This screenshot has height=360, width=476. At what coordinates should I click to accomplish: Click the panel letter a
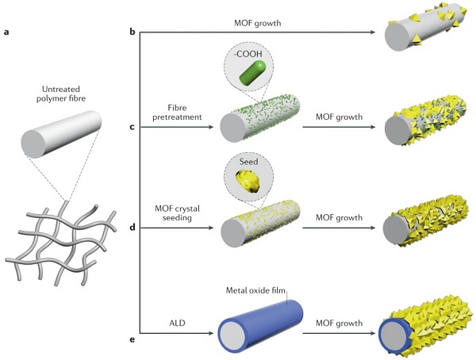[x=6, y=32]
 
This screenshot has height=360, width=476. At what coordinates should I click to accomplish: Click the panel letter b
[x=132, y=32]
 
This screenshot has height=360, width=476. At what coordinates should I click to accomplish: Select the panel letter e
[x=132, y=339]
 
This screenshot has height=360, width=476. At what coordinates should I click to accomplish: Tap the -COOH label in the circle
[x=248, y=55]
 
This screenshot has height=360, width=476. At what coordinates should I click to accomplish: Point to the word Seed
[x=248, y=162]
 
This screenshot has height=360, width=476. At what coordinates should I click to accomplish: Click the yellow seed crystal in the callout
[x=248, y=182]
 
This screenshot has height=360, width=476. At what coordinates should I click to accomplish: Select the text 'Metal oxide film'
[x=255, y=290]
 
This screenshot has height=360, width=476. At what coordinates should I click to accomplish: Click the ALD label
[x=177, y=323]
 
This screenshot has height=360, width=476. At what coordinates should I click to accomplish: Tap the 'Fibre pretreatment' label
[x=177, y=113]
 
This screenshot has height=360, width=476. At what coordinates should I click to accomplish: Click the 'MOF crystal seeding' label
[x=177, y=213]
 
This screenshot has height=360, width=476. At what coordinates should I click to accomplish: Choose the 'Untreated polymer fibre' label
[x=61, y=94]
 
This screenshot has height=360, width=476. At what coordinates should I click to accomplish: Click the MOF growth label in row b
[x=257, y=23]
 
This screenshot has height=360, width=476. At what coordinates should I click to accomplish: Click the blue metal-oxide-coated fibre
[x=261, y=326]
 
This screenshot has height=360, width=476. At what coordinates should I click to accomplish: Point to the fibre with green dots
[x=260, y=118]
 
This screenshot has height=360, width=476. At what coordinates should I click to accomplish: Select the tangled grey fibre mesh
[x=61, y=242]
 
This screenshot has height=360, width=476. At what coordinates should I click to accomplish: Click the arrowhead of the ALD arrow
[x=211, y=333]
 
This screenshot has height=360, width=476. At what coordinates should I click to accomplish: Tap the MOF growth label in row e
[x=339, y=323]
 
